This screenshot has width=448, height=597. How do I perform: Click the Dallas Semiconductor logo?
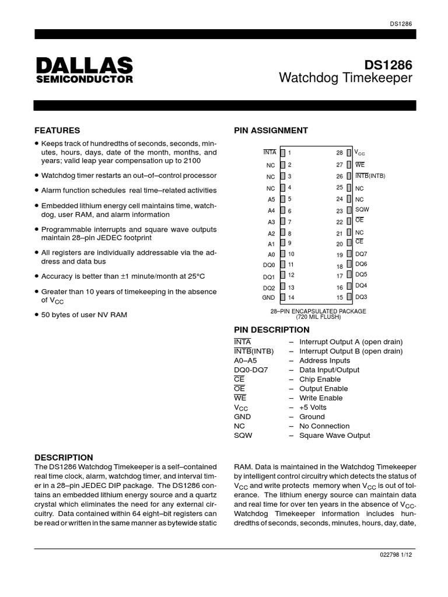83,70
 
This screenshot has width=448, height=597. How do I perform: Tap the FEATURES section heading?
57,131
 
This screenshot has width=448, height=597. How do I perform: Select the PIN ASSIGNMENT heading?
271,131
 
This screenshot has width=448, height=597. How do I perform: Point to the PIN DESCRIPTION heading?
272,330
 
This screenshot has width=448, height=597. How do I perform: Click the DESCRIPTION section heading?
64,458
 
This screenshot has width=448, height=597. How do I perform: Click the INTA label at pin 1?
269,152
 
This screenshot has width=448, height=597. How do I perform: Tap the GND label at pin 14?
269,297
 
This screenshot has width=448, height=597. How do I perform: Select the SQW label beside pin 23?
362,210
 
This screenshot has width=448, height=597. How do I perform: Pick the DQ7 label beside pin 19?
361,254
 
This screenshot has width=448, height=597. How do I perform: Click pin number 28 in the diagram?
339,153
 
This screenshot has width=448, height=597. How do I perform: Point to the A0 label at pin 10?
271,254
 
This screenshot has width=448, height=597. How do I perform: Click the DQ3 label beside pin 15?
361,297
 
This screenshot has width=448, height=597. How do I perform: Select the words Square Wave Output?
334,436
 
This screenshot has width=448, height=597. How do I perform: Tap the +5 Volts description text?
313,408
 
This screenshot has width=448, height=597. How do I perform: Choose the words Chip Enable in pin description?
320,379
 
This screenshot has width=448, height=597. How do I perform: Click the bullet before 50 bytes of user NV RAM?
37,315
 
